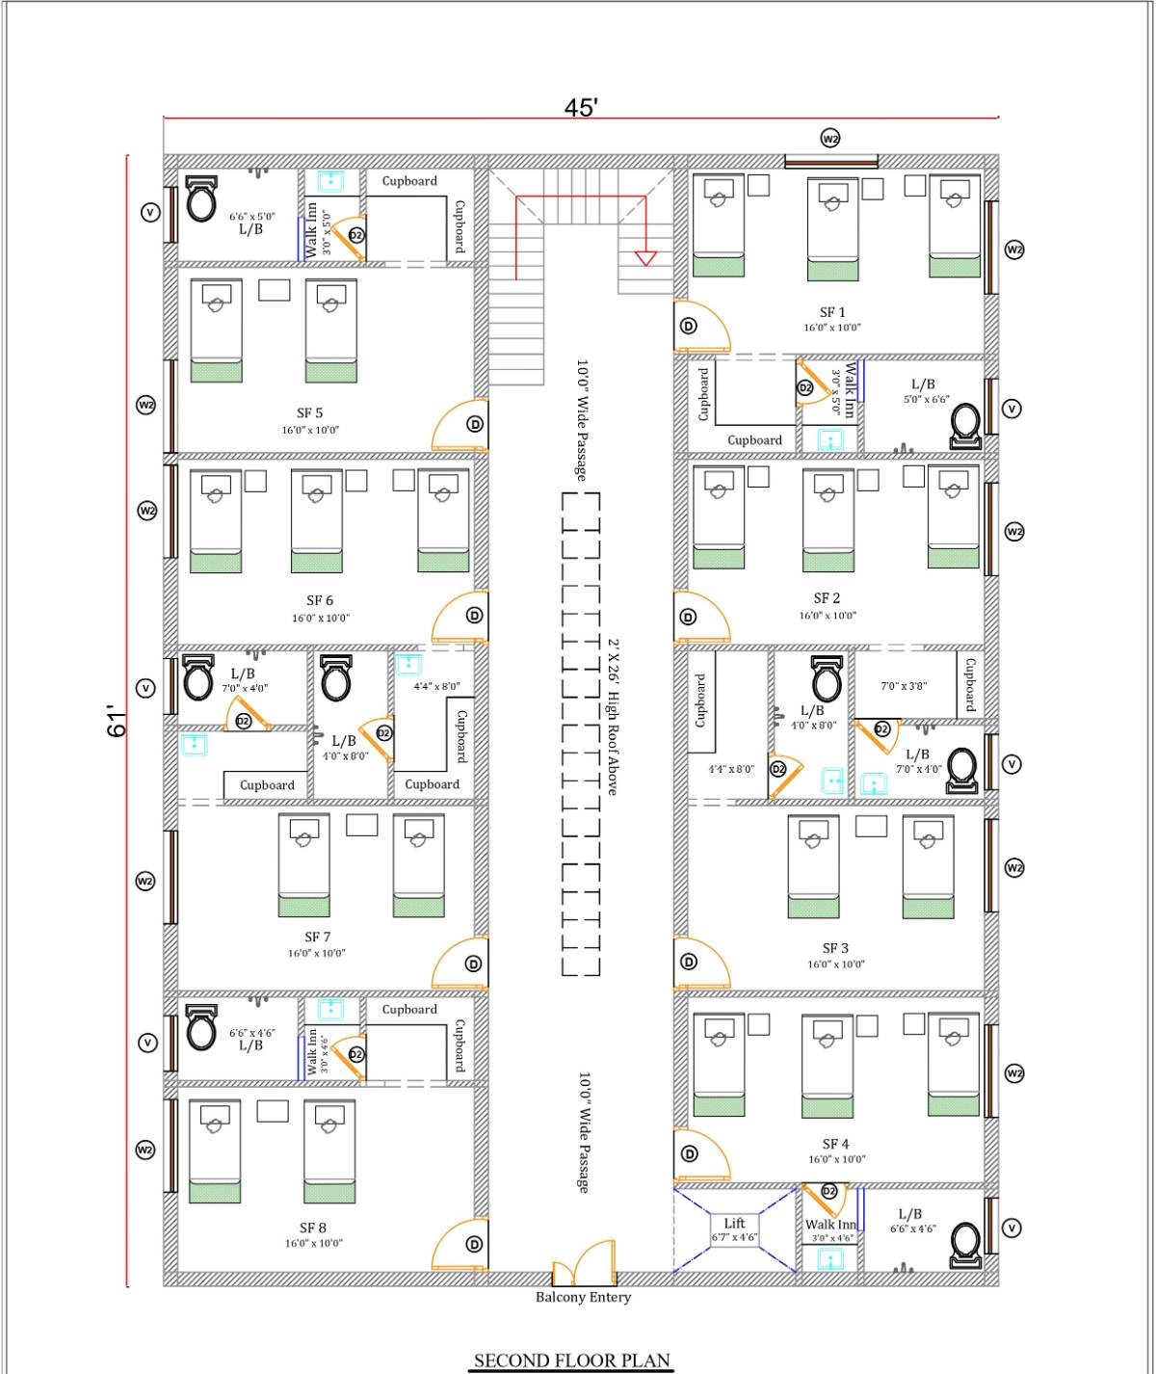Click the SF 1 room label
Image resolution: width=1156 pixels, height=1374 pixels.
pos(832,312)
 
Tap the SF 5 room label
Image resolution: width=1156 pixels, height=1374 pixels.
pos(309,413)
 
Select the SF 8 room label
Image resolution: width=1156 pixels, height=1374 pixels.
pos(312,1228)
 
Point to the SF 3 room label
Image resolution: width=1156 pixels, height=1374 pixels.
pos(835,948)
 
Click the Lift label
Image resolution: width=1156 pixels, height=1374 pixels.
pos(734,1223)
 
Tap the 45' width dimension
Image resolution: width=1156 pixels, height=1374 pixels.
pos(581,107)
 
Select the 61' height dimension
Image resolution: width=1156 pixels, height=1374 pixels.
pos(117,722)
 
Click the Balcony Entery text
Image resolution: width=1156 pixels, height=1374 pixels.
pos(583,1297)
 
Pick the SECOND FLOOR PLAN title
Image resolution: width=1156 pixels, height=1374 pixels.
pos(572,1361)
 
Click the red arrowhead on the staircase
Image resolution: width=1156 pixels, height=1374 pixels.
pos(644,257)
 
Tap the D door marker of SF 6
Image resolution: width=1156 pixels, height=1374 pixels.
pos(474,616)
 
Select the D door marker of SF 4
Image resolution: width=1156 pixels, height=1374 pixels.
pos(689,1154)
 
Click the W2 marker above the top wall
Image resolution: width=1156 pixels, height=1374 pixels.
pos(829,139)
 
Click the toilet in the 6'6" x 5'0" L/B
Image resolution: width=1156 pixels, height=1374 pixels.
pos(200,200)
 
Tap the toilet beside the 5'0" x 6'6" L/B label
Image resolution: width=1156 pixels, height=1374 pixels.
pos(965,425)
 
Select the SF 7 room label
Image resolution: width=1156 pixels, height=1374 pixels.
pos(318,937)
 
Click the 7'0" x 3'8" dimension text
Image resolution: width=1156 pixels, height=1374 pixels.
pos(904,686)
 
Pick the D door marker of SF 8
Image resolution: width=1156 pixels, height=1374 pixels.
pos(474,1245)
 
